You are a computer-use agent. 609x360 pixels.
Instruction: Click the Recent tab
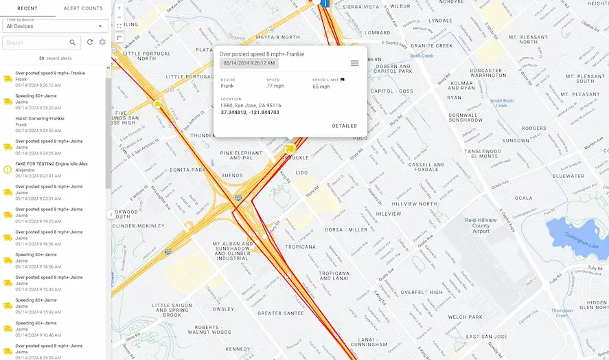[x=27, y=8]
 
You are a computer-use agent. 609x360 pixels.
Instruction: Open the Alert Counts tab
[x=83, y=8]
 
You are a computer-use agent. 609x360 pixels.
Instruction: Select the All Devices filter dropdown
[x=55, y=26]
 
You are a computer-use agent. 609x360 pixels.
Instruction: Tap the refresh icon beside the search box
[x=90, y=43]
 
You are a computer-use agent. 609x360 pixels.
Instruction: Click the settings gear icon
[x=102, y=43]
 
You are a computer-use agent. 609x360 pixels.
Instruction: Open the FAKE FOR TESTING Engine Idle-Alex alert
[x=51, y=164]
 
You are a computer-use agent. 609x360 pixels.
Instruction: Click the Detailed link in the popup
[x=344, y=126]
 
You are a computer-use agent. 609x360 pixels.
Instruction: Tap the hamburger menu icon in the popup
[x=354, y=63]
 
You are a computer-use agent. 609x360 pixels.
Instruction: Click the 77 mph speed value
[x=275, y=87]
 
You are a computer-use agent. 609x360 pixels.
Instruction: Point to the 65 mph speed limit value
[x=321, y=87]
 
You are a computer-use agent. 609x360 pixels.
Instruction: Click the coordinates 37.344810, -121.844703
[x=250, y=112]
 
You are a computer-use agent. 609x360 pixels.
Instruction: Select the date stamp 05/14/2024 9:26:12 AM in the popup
[x=249, y=63]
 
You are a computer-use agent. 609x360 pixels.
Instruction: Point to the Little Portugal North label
[x=146, y=57]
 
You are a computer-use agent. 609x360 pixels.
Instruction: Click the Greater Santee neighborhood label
[x=280, y=313]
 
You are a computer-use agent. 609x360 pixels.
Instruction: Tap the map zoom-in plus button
[x=119, y=8]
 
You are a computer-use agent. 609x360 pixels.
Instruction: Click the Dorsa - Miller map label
[x=347, y=229]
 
